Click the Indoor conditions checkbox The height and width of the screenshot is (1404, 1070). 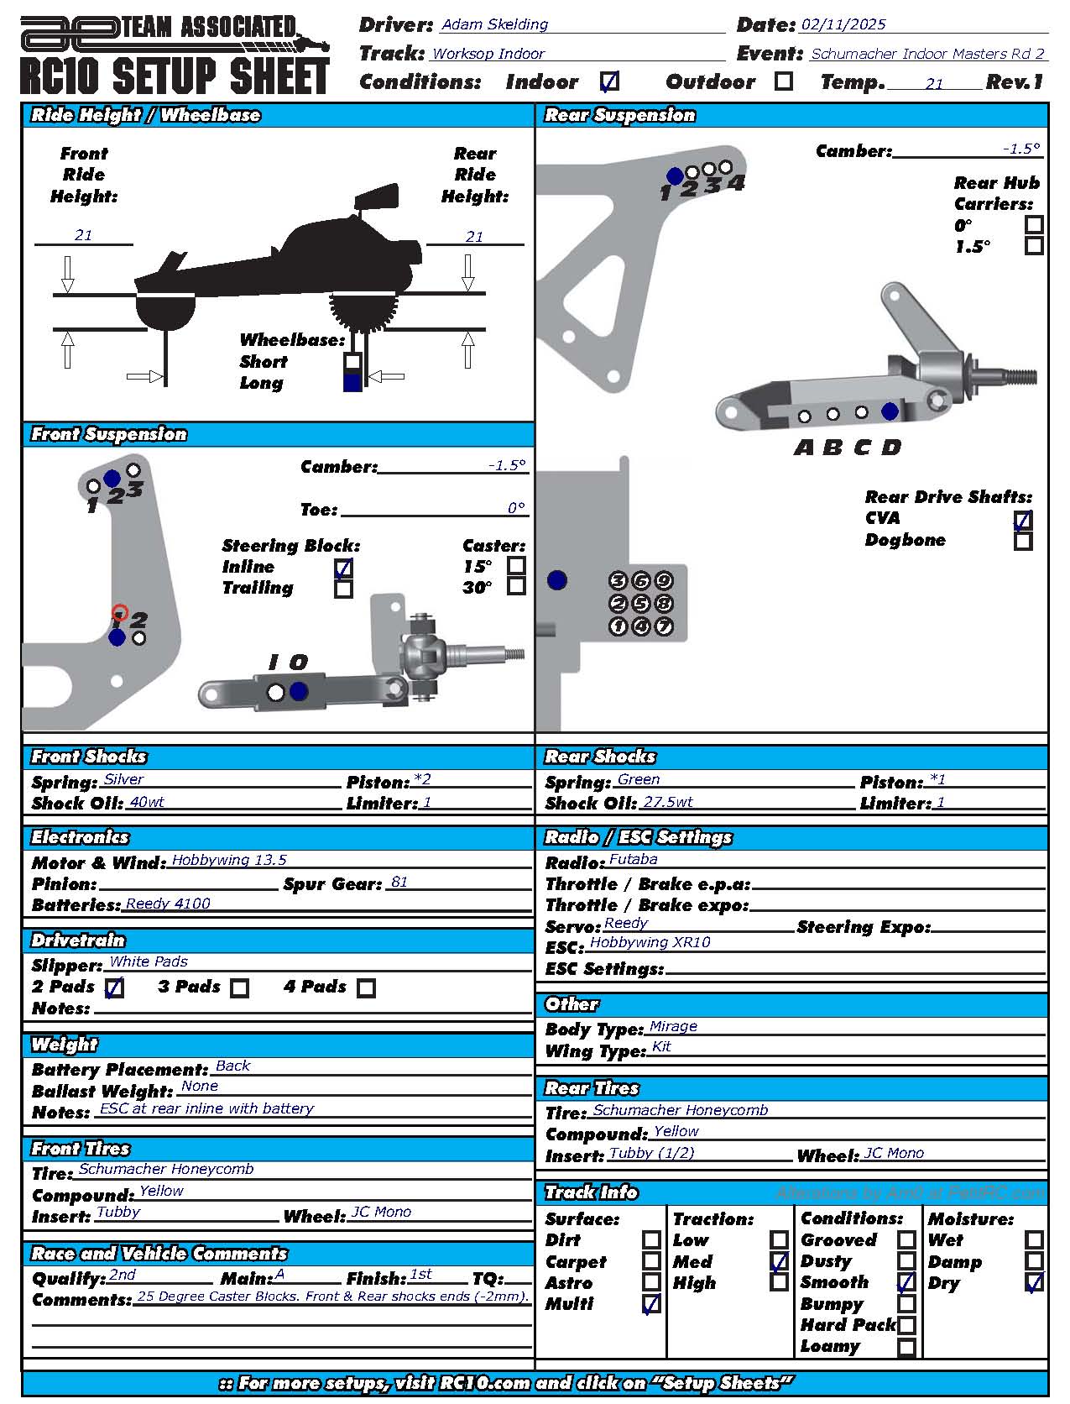(x=610, y=81)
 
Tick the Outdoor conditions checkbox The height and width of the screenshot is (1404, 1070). (x=783, y=81)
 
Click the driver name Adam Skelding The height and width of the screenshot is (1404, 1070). (x=494, y=24)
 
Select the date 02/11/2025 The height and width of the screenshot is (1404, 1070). (x=843, y=24)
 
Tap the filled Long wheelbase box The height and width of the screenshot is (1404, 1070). (x=352, y=382)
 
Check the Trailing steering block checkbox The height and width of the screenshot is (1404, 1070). (x=343, y=589)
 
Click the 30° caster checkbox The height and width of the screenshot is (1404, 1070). (x=516, y=585)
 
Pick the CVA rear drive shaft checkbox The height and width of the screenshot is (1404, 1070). (x=1022, y=520)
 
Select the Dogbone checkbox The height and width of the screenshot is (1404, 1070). (x=1022, y=541)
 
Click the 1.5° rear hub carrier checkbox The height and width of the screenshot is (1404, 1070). (x=1034, y=246)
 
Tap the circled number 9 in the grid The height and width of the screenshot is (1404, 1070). (x=663, y=580)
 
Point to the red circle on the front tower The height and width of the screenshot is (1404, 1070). (x=120, y=613)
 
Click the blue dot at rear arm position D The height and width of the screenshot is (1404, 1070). (x=890, y=411)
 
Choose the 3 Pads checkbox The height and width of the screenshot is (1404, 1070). (x=240, y=988)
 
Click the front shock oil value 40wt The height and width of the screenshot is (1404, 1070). (x=147, y=802)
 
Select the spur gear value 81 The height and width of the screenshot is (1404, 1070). (x=399, y=882)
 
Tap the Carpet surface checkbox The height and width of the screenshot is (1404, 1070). (x=651, y=1260)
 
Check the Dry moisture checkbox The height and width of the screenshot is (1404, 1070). (x=1034, y=1282)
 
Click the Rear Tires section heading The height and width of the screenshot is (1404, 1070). (x=592, y=1088)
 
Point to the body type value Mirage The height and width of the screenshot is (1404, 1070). (x=673, y=1026)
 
